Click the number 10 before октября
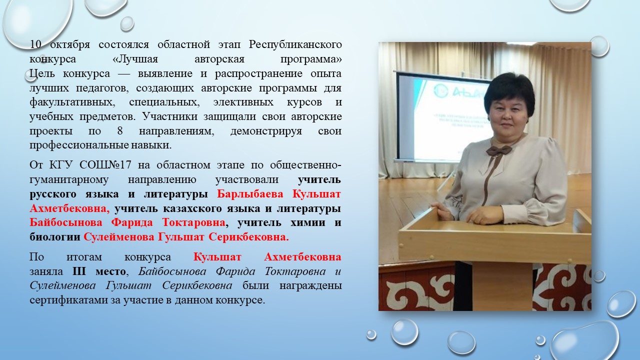click(35, 44)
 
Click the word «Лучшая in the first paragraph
click(135, 59)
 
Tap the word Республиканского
click(295, 45)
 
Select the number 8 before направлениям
click(120, 131)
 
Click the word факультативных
click(72, 102)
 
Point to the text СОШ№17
click(105, 165)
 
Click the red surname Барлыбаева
click(250, 194)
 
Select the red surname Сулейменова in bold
click(118, 237)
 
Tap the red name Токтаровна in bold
click(193, 222)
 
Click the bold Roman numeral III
click(79, 271)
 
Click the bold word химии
click(307, 222)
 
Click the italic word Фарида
click(235, 271)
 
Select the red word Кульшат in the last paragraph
click(217, 257)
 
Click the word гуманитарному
click(69, 179)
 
